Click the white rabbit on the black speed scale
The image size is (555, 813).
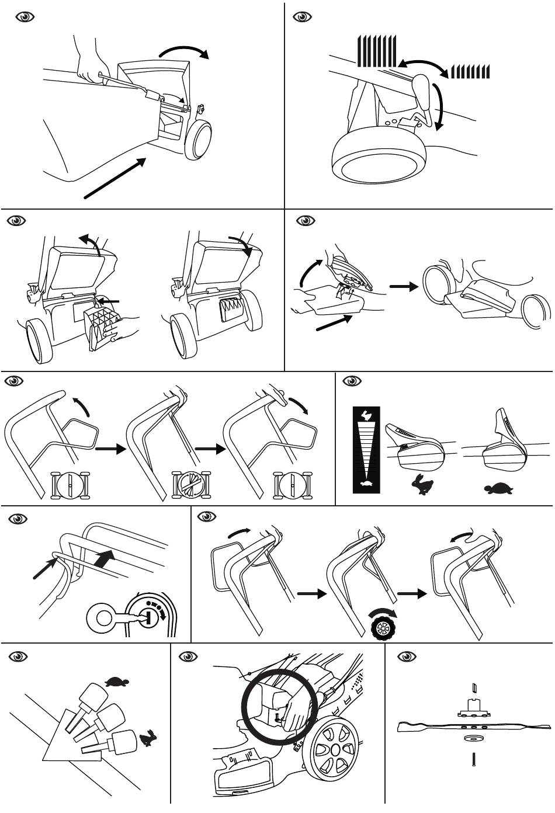(366, 416)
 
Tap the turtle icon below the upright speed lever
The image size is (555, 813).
(498, 488)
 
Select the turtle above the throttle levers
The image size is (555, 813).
(116, 681)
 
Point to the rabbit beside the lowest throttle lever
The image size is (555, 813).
(148, 739)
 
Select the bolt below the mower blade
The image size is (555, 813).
(473, 760)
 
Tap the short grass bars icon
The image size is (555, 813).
(470, 72)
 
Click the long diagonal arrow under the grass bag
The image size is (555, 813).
(115, 178)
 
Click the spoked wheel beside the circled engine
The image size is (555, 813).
(331, 749)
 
